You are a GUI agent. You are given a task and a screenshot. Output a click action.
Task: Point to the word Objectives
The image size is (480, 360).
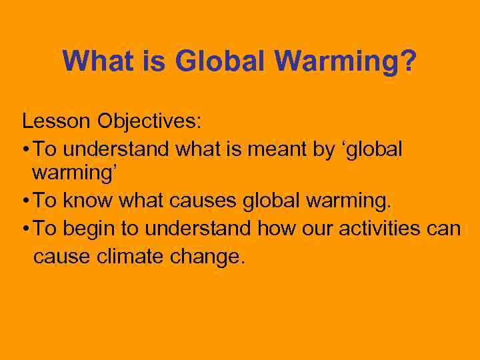coord(150,121)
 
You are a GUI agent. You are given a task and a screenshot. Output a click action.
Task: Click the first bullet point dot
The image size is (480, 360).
coord(25,149)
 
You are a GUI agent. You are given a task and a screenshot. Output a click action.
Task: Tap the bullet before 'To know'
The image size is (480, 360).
coord(25,201)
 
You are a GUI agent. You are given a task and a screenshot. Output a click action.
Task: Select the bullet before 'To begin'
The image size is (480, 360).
coord(25,228)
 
